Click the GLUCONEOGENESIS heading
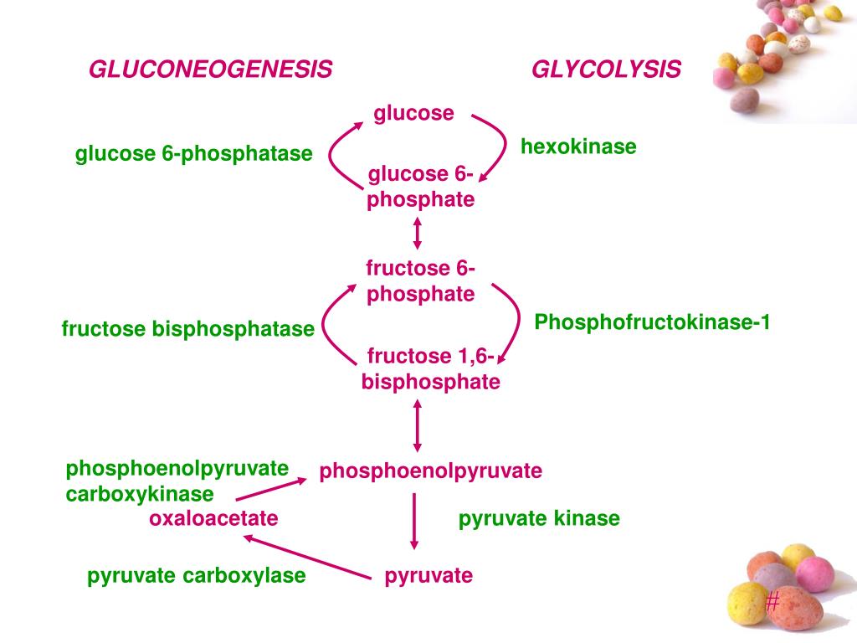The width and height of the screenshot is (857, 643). point(211,69)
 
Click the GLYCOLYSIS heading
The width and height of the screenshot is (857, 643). point(606,69)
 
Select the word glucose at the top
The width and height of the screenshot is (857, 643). point(413,113)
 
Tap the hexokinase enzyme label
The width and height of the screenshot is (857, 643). point(578,147)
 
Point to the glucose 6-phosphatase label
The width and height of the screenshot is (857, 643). point(193,154)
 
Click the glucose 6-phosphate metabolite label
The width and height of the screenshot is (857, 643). point(421,187)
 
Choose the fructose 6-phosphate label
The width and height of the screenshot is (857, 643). point(421,281)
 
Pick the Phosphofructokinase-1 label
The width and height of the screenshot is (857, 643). point(652,322)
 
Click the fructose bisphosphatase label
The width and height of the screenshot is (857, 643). point(187,330)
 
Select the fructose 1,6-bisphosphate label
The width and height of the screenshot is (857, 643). point(431,369)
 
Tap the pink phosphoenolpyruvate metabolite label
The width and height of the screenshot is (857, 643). point(431,471)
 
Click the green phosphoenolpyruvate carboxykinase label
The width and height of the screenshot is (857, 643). point(177,481)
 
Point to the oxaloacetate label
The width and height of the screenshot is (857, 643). point(213,519)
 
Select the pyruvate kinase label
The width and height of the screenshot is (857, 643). point(539,519)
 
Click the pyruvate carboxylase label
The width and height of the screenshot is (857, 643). point(197,576)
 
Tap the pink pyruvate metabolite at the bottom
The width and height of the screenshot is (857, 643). point(428,576)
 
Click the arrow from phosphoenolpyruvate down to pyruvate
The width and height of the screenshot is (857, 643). point(414,521)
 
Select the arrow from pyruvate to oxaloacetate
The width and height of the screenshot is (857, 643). point(305,557)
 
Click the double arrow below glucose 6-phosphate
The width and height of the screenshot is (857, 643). point(418,232)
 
